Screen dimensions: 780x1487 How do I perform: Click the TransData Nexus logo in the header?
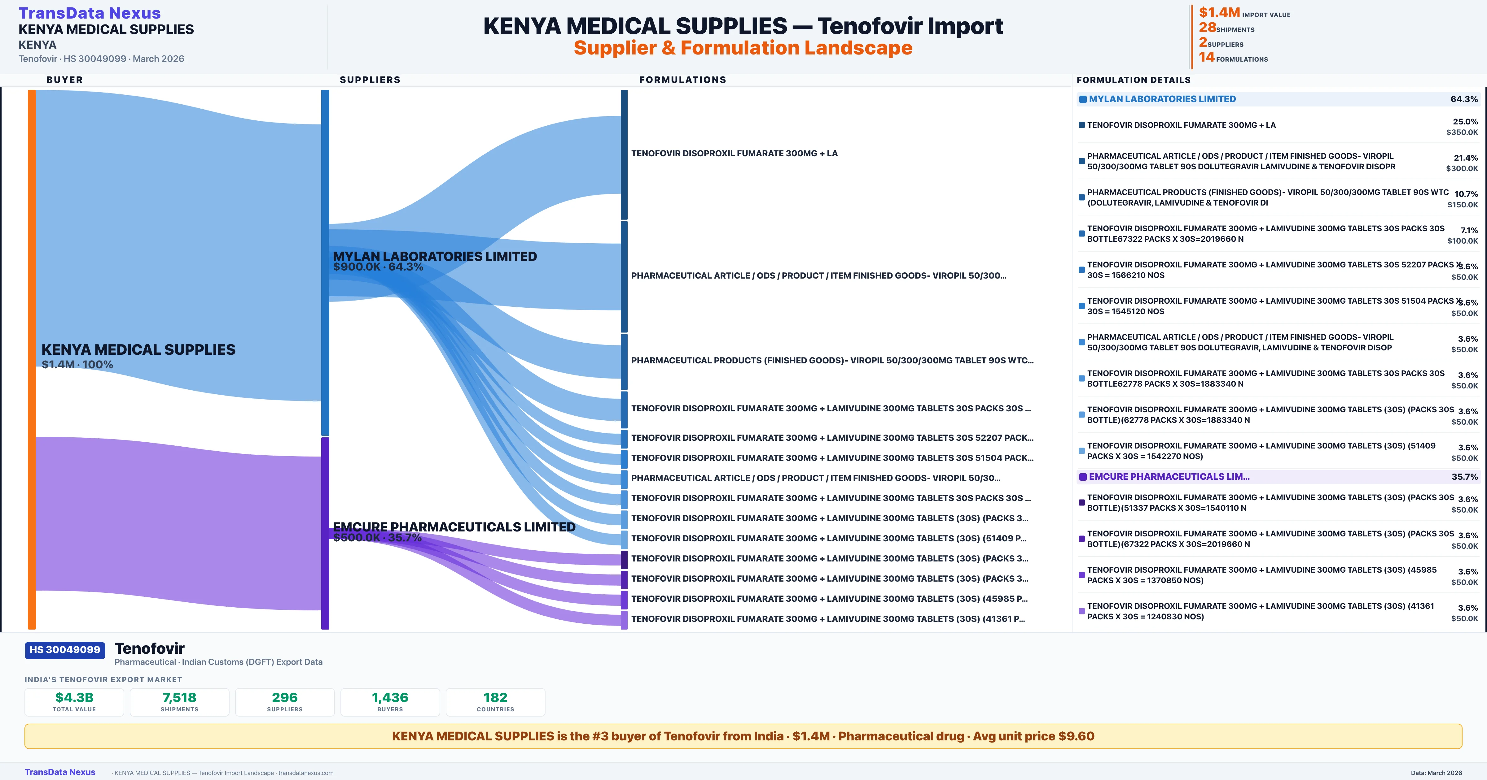point(90,13)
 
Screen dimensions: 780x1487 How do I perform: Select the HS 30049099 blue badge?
point(65,650)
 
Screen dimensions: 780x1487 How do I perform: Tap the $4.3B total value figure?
point(74,697)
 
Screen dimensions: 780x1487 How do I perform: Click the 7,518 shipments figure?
point(180,697)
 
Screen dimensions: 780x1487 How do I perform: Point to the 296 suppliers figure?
point(285,697)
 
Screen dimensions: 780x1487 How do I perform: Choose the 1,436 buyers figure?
point(390,697)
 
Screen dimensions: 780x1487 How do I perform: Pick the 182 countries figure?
point(495,697)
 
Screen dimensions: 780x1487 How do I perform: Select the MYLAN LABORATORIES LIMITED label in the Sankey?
point(435,256)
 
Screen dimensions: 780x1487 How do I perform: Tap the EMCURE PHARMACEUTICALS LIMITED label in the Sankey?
point(454,527)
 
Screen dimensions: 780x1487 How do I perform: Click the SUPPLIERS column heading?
point(370,80)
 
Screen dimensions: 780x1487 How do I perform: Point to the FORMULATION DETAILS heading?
point(1133,80)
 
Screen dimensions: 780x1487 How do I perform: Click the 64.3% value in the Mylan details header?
point(1464,99)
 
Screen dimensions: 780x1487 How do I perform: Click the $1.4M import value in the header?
point(1219,12)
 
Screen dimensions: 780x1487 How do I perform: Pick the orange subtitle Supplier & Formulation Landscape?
point(743,48)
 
